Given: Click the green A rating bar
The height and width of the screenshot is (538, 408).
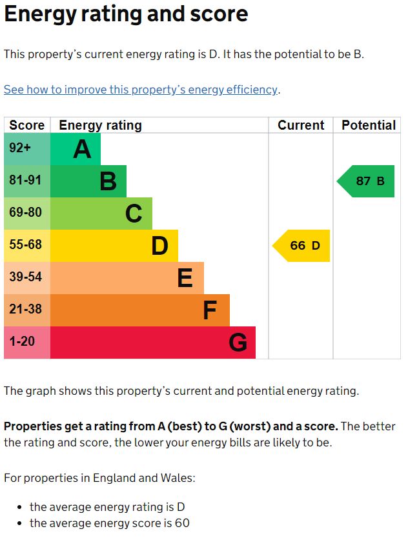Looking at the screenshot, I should pyautogui.click(x=75, y=149).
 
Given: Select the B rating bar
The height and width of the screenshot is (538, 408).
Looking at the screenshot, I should pyautogui.click(x=88, y=181).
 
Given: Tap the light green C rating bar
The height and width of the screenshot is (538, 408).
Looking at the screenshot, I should pyautogui.click(x=101, y=214).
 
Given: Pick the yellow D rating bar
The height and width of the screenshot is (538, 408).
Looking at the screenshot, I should pyautogui.click(x=114, y=246).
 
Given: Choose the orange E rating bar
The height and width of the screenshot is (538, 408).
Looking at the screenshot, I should pyautogui.click(x=127, y=278).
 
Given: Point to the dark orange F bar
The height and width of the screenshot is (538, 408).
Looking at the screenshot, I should pyautogui.click(x=139, y=310).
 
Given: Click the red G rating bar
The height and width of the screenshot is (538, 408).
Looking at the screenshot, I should pyautogui.click(x=152, y=343).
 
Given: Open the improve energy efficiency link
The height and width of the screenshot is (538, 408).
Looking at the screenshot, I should pyautogui.click(x=141, y=90).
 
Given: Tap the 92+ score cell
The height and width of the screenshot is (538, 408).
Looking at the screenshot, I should pyautogui.click(x=26, y=149).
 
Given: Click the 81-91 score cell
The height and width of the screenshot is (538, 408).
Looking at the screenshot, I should pyautogui.click(x=26, y=181).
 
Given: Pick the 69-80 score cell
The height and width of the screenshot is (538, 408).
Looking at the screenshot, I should pyautogui.click(x=26, y=214).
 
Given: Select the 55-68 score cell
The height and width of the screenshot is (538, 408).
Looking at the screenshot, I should pyautogui.click(x=26, y=246).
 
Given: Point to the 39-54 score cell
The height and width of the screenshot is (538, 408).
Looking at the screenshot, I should pyautogui.click(x=26, y=278).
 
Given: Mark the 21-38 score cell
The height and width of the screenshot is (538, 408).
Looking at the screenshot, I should pyautogui.click(x=26, y=310).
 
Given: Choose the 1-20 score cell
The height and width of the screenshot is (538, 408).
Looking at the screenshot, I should pyautogui.click(x=26, y=343).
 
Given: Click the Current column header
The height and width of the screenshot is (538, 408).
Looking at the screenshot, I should pyautogui.click(x=301, y=125).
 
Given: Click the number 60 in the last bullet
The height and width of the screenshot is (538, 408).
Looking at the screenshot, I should pyautogui.click(x=181, y=523).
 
